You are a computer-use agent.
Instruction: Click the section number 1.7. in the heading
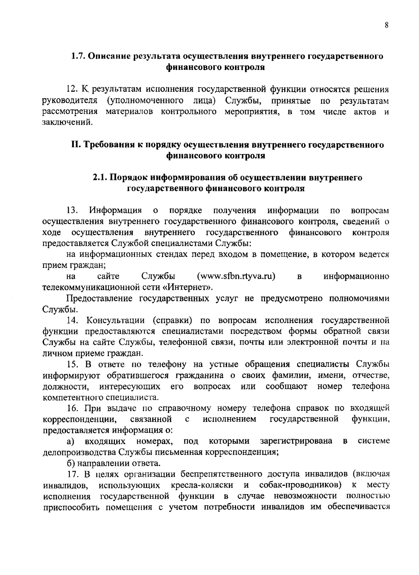(78, 56)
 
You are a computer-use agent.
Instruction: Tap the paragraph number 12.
(72, 90)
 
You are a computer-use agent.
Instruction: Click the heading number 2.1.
(100, 177)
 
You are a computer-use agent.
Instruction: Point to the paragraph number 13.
(72, 211)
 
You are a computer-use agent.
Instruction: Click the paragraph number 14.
(73, 320)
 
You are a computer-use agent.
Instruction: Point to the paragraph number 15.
(73, 364)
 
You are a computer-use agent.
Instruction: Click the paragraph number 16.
(73, 408)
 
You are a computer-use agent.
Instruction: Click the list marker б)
(71, 463)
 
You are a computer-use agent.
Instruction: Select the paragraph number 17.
(73, 474)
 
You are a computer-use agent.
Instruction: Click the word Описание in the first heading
(109, 56)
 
